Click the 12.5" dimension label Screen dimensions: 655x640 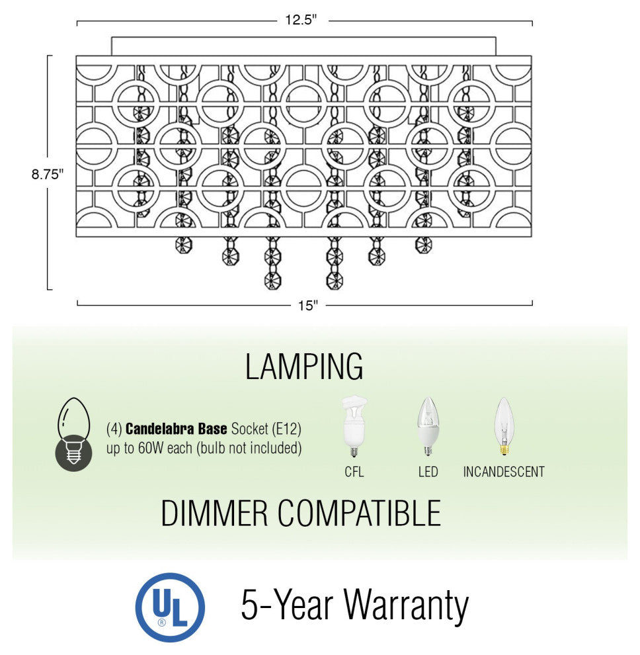pyautogui.click(x=301, y=20)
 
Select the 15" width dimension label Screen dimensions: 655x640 pyautogui.click(x=307, y=305)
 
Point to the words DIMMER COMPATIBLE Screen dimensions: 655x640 pyautogui.click(x=301, y=513)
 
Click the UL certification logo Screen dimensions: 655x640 pyautogui.click(x=170, y=607)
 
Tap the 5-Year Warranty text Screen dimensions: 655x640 pyautogui.click(x=354, y=605)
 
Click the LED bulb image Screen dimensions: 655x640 pyautogui.click(x=428, y=427)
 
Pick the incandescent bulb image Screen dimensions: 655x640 pyautogui.click(x=504, y=427)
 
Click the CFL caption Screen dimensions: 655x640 pyautogui.click(x=354, y=472)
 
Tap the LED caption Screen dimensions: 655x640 pyautogui.click(x=428, y=472)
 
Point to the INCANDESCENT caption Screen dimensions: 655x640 pyautogui.click(x=504, y=472)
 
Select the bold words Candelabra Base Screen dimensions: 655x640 pyautogui.click(x=177, y=429)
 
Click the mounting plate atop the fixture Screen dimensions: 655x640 pyautogui.click(x=303, y=46)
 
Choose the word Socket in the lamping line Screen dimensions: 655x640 pyautogui.click(x=249, y=429)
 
